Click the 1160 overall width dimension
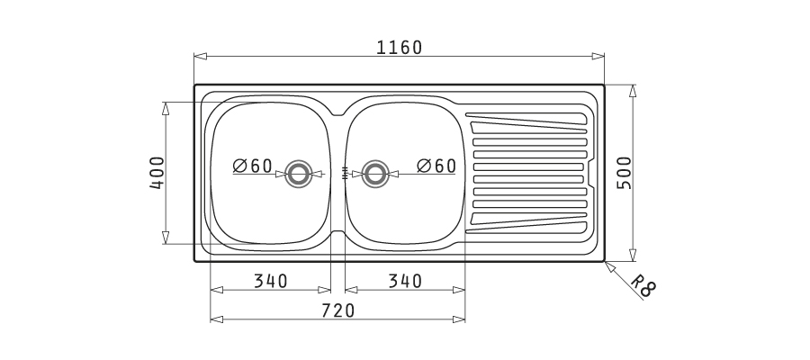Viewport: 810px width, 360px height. [x=399, y=48]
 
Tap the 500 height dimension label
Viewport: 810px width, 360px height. [x=624, y=173]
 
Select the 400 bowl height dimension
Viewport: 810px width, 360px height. [x=157, y=173]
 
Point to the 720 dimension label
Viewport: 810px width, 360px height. [x=337, y=310]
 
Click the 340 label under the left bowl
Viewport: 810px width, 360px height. [x=270, y=281]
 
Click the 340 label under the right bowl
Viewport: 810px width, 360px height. [x=405, y=281]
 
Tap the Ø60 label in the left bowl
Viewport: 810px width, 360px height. [x=252, y=166]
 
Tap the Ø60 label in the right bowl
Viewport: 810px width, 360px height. [x=436, y=166]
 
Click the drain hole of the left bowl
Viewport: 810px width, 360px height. [x=299, y=174]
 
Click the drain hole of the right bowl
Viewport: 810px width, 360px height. [x=375, y=174]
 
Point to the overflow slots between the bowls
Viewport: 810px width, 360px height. [x=345, y=173]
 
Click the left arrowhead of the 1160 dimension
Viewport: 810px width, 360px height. [x=201, y=57]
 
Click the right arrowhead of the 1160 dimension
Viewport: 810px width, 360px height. [x=598, y=57]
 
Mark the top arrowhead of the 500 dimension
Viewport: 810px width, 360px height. [x=633, y=91]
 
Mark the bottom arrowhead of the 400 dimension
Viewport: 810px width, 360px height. [x=166, y=238]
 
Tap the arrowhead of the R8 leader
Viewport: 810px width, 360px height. [x=609, y=266]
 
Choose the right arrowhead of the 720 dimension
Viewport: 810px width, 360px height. [x=459, y=319]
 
